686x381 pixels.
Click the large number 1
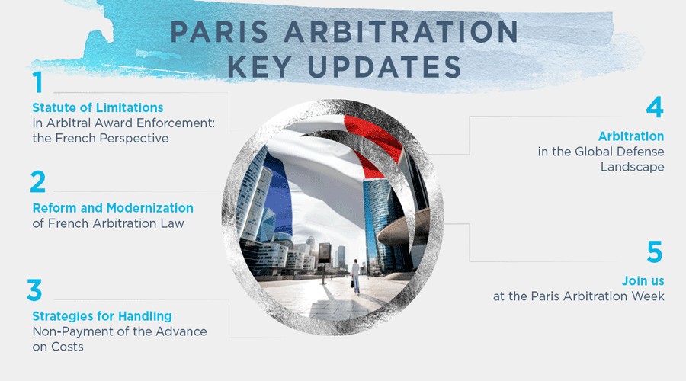point(37,83)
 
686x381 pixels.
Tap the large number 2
point(38,182)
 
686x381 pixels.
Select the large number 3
point(36,290)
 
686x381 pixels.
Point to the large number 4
point(654,108)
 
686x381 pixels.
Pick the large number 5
point(654,252)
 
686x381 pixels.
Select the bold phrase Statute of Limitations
point(98,107)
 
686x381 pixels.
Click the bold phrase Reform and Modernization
point(113,207)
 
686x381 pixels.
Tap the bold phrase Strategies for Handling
point(102,315)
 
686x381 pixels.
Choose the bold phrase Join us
point(643,280)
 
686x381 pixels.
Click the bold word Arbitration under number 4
point(631,136)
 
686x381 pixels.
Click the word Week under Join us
point(646,296)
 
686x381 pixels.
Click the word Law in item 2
point(175,223)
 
